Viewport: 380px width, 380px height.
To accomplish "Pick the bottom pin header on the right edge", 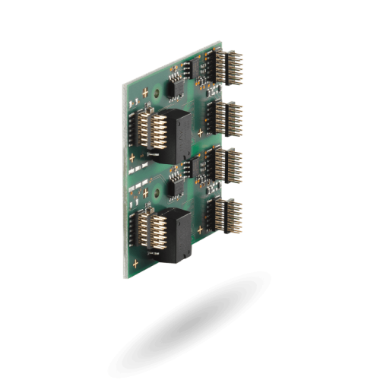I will [x=225, y=213].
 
